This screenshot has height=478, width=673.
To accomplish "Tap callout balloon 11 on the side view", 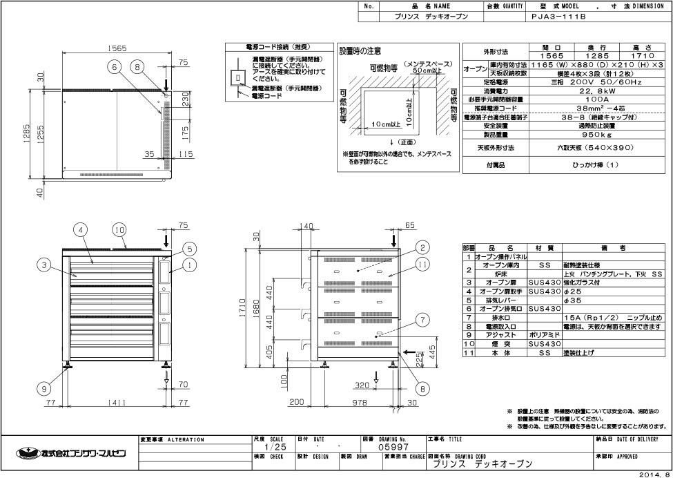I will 423,263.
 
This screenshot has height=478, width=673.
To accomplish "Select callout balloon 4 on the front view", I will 81,229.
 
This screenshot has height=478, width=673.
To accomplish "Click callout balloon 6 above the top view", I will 115,67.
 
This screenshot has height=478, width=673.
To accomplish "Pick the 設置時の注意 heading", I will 360,51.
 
